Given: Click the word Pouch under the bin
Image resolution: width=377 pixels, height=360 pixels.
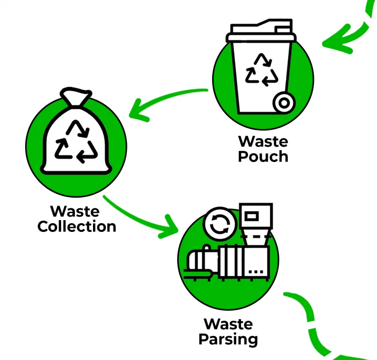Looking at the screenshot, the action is click(263, 157).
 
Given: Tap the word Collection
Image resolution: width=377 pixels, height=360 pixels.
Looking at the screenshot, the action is click(77, 227).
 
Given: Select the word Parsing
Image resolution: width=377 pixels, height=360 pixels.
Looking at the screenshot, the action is click(228, 339).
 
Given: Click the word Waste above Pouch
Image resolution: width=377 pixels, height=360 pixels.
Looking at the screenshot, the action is click(263, 141).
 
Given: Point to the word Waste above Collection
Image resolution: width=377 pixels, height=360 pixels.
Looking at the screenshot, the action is click(75, 212).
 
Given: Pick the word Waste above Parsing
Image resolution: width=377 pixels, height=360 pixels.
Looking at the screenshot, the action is click(228, 324).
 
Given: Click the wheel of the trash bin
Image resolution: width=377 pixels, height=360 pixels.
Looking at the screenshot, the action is click(284, 103).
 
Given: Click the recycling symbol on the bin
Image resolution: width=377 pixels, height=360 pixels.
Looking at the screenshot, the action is click(262, 70).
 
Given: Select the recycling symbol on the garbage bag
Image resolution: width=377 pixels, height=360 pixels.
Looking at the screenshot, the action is click(76, 141).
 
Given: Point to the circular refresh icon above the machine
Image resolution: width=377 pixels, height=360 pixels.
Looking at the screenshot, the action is click(220, 224).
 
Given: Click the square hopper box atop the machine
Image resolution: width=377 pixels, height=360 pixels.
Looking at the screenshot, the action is click(256, 216).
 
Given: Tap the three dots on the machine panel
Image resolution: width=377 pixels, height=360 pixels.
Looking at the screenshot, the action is click(256, 272).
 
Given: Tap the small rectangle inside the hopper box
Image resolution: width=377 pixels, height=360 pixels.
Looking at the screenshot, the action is click(251, 216).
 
